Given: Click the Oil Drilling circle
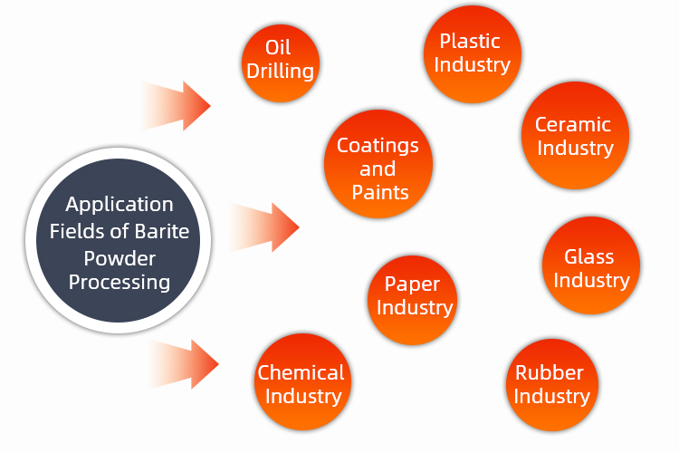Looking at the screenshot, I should [281, 60].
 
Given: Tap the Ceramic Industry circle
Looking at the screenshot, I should [573, 136].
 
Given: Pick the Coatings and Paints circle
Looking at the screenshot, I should [378, 166].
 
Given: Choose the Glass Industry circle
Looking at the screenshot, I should [590, 267].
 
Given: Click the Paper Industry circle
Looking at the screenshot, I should [414, 296].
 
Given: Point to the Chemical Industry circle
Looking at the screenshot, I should [301, 382].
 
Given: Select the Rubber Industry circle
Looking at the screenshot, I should [550, 384].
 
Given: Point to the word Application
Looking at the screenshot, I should [119, 205].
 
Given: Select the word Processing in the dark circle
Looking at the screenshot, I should [120, 282].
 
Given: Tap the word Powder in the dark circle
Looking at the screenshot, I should [120, 256].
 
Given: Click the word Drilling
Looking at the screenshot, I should [281, 70].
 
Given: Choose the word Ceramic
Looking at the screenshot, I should [573, 125].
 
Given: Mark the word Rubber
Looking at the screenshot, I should [550, 372].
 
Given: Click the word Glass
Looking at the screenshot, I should [589, 256].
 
